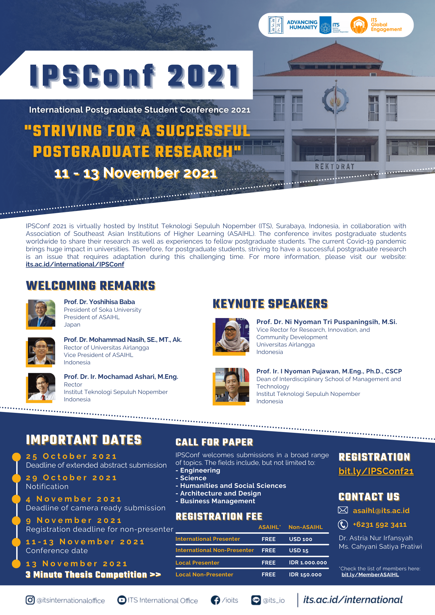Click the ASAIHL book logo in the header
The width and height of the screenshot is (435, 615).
(x=275, y=25)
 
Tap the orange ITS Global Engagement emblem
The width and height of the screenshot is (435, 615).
(x=359, y=25)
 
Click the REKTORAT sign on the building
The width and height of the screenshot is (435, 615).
(x=334, y=166)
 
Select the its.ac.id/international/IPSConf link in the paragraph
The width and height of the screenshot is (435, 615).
(x=75, y=264)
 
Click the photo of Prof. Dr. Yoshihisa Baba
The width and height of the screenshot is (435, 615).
(x=41, y=313)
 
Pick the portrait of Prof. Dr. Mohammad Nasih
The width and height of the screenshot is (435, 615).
(x=41, y=351)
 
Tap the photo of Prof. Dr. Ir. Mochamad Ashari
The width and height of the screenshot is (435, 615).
(x=41, y=387)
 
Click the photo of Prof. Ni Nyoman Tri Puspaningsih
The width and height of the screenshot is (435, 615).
(x=232, y=335)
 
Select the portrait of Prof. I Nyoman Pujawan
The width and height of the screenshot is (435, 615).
(x=232, y=385)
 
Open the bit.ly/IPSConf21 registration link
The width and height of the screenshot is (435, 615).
(x=376, y=471)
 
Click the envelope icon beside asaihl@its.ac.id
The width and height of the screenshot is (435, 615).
(x=343, y=510)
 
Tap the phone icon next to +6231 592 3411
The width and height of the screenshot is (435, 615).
(x=343, y=525)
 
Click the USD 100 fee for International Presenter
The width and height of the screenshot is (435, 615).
(x=300, y=539)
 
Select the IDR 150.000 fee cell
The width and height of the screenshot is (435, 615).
(x=305, y=574)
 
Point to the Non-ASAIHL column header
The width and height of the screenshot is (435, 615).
(x=305, y=527)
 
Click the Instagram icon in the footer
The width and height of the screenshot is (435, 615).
(x=30, y=600)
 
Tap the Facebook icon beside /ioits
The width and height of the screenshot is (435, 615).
(x=215, y=600)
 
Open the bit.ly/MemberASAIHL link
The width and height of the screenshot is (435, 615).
(x=370, y=574)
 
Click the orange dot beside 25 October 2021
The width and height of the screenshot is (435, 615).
(x=16, y=457)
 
